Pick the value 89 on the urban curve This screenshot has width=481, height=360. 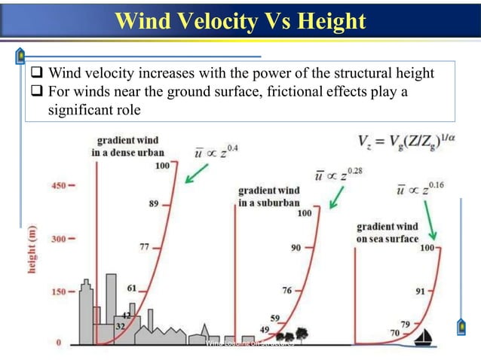(154, 203)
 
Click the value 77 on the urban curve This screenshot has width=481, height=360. (145, 246)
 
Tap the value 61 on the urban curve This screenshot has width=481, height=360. (131, 288)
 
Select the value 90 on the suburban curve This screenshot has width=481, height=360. (296, 248)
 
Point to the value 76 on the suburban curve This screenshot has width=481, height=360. (286, 291)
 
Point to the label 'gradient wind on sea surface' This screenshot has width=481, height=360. (388, 233)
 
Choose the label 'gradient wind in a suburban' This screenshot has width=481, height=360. (269, 197)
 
